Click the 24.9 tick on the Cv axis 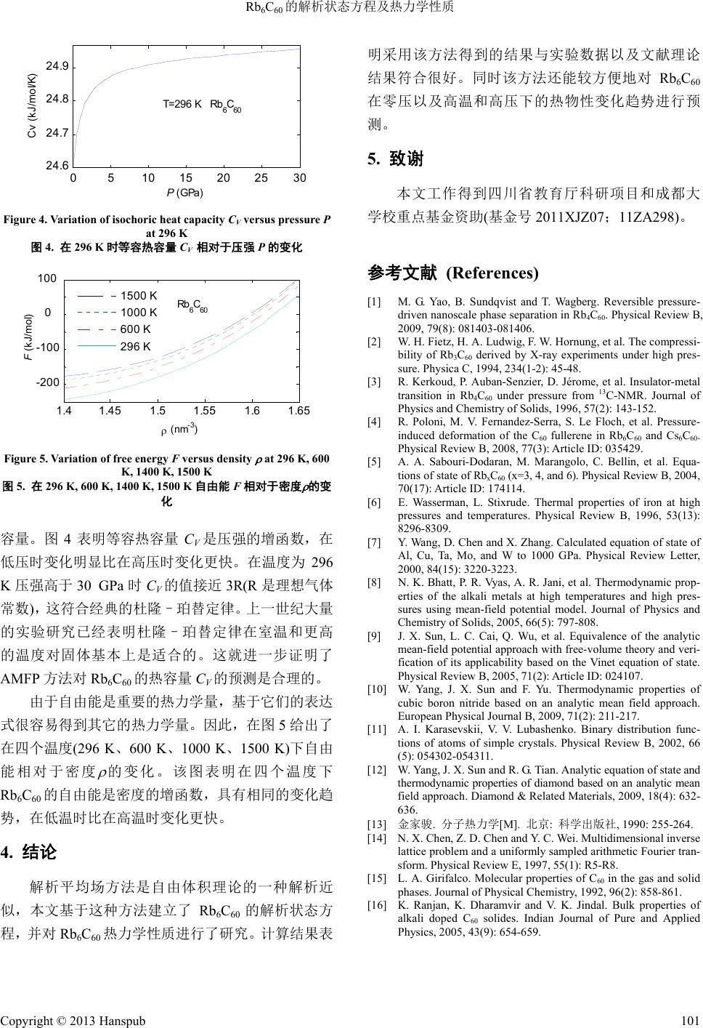point(57,67)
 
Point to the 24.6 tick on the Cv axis point(57,166)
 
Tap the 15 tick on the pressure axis point(186,178)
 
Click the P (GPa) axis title point(184,193)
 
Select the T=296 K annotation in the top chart point(182,105)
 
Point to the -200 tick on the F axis point(48,382)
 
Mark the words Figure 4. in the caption point(28,220)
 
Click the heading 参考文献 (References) point(453,273)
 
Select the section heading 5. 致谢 point(396,158)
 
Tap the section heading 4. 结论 point(28,851)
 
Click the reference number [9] point(374,636)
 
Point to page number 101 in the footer point(691,1020)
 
